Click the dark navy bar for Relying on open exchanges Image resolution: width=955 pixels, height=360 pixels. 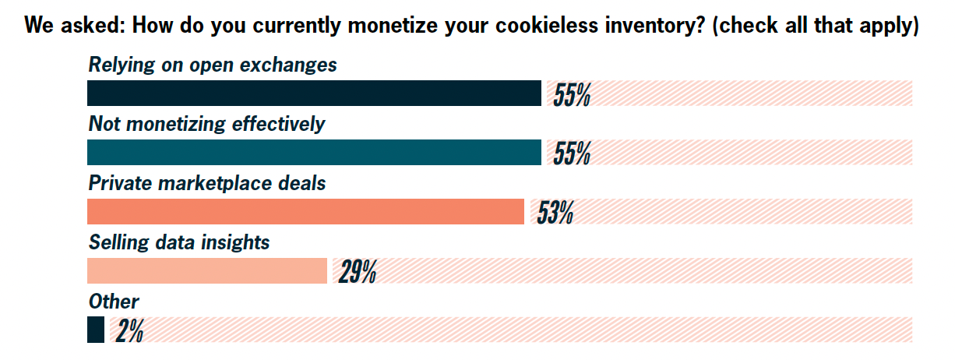tap(314, 94)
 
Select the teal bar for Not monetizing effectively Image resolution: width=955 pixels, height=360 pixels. tap(314, 153)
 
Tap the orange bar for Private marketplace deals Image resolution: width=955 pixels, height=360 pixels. tap(305, 212)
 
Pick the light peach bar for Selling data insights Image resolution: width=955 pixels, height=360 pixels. tap(206, 271)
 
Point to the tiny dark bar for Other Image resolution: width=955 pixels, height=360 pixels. tap(95, 330)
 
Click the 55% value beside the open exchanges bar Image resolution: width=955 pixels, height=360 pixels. tap(572, 95)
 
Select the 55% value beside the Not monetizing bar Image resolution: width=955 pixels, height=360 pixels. tap(572, 154)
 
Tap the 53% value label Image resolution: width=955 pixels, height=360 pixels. tap(555, 213)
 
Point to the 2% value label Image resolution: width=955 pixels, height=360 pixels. tap(129, 331)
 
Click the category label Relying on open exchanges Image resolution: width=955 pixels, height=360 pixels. tap(213, 65)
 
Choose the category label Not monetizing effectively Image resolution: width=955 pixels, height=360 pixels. tap(206, 124)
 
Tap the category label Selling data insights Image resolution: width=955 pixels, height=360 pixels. tap(179, 242)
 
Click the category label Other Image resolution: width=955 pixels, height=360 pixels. tap(114, 302)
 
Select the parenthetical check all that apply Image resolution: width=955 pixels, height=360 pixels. tap(815, 25)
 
